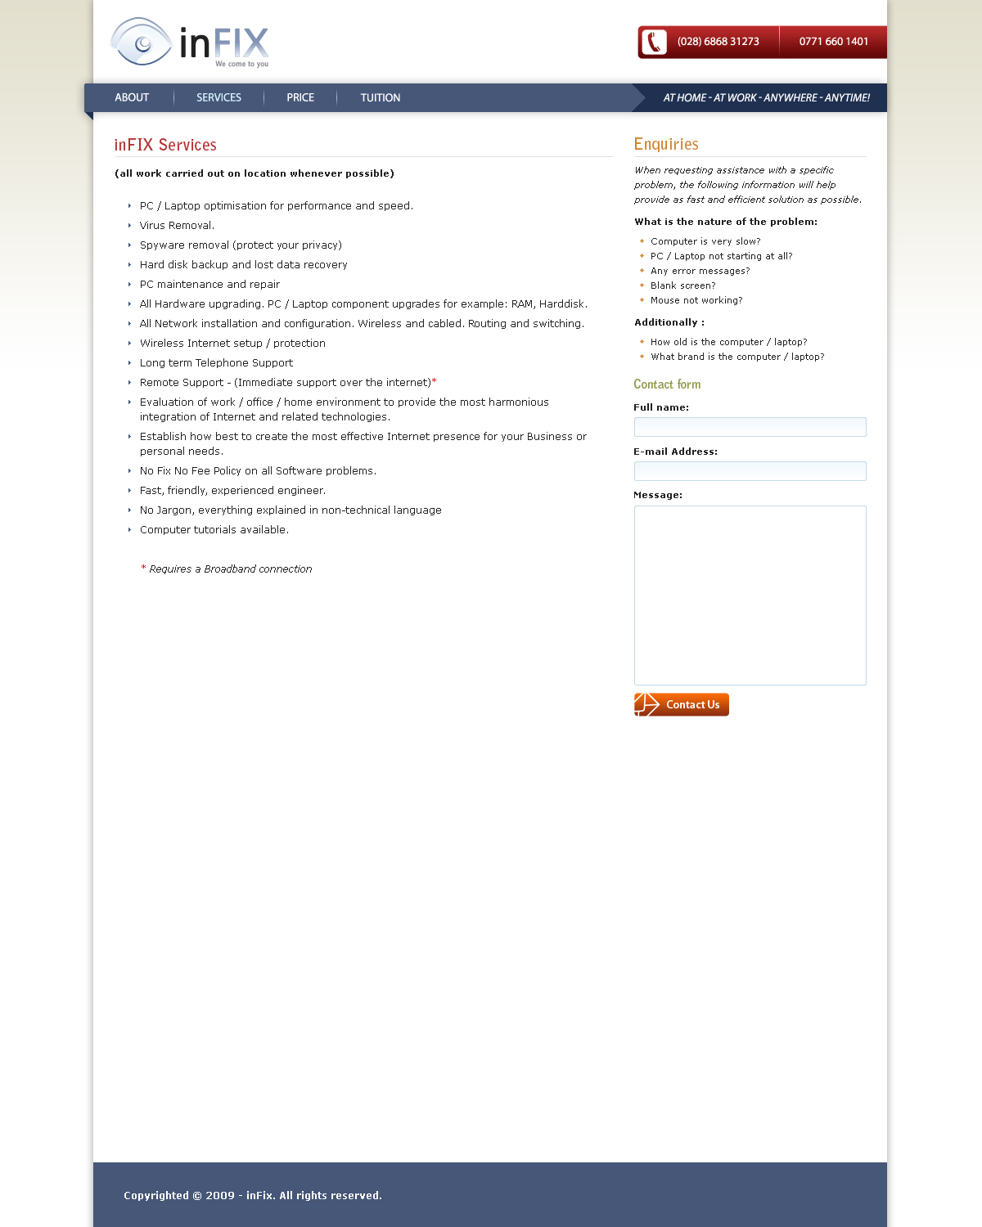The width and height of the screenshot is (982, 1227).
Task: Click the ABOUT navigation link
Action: point(132,97)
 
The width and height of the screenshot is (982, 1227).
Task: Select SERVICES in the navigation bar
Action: point(218,97)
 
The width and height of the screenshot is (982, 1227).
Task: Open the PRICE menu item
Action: point(300,97)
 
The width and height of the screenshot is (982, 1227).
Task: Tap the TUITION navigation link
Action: point(381,97)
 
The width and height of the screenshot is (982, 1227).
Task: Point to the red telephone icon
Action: point(654,42)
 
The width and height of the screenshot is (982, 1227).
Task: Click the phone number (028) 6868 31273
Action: point(718,42)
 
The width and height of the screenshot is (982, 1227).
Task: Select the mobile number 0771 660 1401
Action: point(833,42)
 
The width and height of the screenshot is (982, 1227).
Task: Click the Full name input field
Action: point(750,427)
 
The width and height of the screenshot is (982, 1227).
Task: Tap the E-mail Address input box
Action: point(750,471)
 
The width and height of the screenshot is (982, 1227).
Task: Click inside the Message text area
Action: point(750,595)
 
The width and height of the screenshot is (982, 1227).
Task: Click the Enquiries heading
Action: point(666,144)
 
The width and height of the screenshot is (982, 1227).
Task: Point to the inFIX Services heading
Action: point(165,145)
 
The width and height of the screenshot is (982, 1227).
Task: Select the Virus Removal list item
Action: point(177,226)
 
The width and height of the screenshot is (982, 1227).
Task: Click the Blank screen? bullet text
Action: point(682,285)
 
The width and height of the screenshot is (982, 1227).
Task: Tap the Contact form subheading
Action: point(667,384)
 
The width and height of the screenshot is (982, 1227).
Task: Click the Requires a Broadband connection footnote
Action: point(230,569)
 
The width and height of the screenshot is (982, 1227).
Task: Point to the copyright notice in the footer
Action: point(252,1195)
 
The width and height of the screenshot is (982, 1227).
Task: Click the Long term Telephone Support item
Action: point(216,363)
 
